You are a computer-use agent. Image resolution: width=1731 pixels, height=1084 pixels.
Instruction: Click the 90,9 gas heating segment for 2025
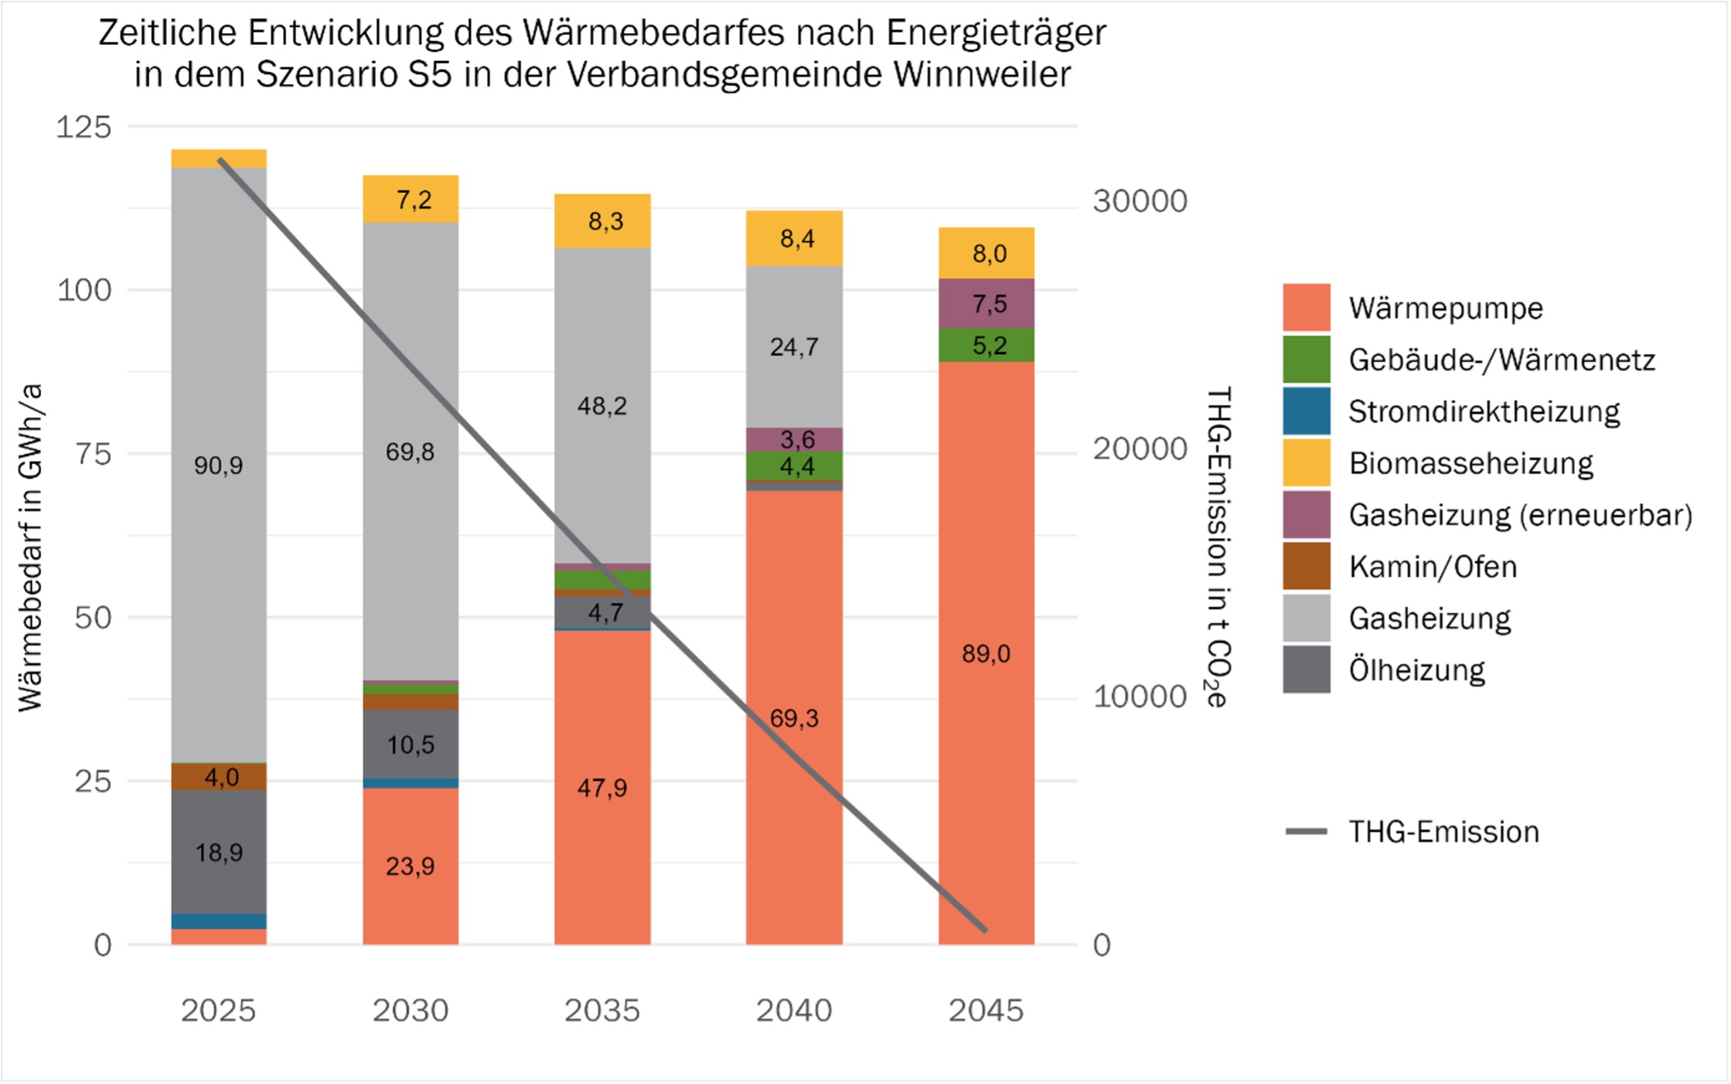[219, 465]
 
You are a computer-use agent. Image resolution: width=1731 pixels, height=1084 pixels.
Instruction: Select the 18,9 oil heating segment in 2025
[219, 852]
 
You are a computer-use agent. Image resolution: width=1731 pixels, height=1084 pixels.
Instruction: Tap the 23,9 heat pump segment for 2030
[411, 866]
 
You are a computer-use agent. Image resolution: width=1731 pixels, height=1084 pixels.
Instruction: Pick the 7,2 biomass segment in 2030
[411, 199]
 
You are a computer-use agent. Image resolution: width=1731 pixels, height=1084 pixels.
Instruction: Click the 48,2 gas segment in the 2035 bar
[602, 405]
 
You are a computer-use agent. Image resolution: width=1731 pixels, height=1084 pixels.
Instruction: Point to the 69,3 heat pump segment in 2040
[794, 718]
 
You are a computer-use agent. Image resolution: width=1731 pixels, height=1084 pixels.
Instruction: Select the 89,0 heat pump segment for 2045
[986, 653]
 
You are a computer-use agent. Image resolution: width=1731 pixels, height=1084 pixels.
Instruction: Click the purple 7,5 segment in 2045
[986, 303]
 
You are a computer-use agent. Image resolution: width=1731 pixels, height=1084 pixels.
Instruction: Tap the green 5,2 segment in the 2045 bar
[986, 345]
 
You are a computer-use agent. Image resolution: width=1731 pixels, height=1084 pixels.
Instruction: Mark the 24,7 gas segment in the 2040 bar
[794, 346]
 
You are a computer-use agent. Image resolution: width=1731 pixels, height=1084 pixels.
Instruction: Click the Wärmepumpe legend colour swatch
[1306, 308]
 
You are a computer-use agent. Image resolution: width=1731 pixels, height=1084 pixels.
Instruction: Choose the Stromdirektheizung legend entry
[1483, 411]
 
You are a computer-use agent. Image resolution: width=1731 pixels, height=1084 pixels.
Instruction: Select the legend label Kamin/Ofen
[1432, 567]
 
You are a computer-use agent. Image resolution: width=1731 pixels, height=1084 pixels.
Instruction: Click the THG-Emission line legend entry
[1443, 831]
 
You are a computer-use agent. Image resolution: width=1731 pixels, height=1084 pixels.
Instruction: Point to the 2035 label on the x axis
[602, 1010]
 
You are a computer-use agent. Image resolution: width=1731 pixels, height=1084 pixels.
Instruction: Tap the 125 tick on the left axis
[83, 127]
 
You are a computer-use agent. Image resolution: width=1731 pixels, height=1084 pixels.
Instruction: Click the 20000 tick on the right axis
[1139, 448]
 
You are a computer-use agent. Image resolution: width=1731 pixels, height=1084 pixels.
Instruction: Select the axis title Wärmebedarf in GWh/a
[31, 547]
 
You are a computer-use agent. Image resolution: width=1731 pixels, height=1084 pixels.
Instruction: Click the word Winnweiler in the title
[982, 75]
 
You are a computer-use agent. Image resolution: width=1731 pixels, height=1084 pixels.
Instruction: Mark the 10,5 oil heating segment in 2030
[411, 744]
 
